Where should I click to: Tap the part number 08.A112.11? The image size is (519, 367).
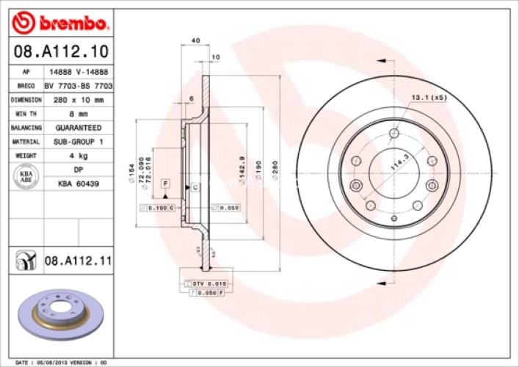77,259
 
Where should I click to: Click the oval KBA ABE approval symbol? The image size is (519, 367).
25,177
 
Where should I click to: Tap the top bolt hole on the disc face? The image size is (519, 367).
393,134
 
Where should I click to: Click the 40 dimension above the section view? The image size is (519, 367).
195,40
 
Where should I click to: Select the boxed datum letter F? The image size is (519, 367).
166,182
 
